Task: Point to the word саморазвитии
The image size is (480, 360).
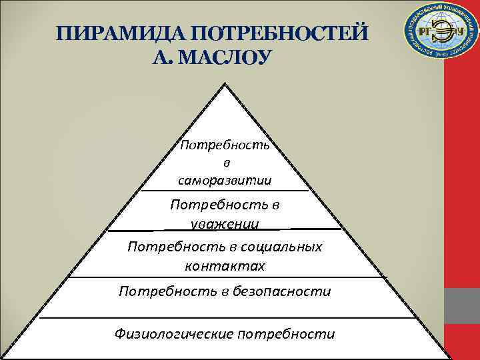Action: click(225, 179)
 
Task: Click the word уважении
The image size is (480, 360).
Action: click(225, 223)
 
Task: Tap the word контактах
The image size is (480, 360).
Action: click(225, 266)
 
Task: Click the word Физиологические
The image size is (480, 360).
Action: click(175, 333)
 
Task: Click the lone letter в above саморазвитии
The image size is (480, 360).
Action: click(225, 162)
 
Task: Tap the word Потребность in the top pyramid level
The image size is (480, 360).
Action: click(225, 145)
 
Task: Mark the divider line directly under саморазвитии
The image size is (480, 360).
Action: click(225, 191)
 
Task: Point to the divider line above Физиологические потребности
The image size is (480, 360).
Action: click(225, 318)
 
